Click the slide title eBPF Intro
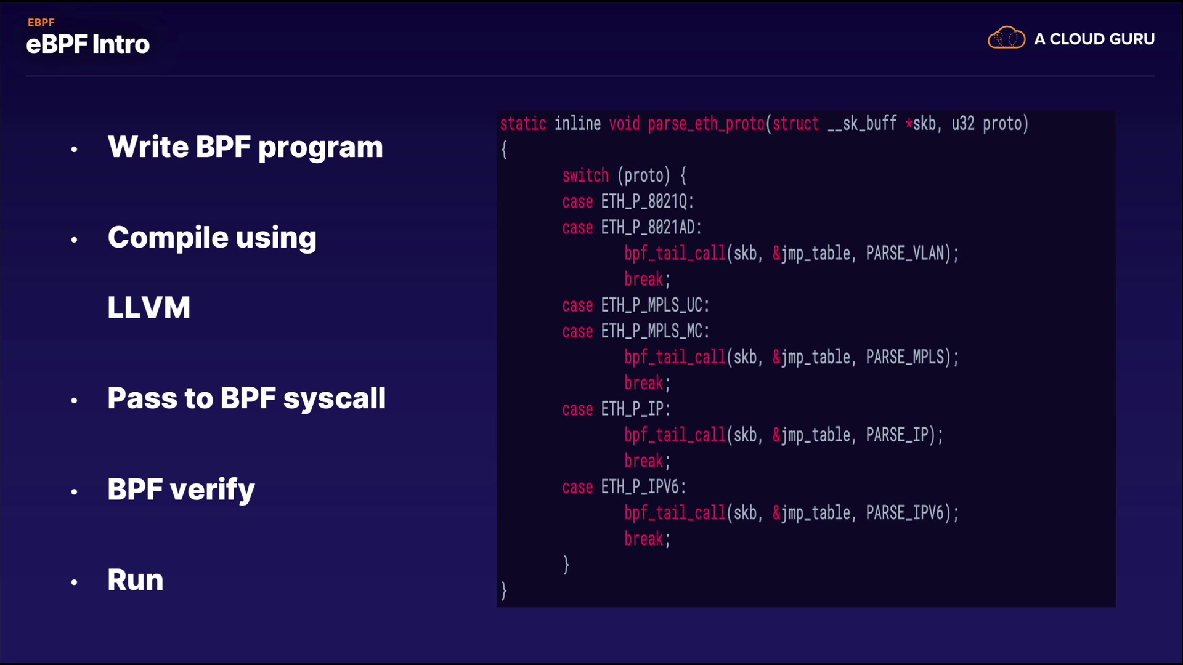[x=88, y=44]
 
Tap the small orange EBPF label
[x=41, y=22]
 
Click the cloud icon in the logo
[x=1006, y=38]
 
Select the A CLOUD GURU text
[x=1094, y=39]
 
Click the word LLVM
[x=149, y=307]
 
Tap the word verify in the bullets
[x=212, y=490]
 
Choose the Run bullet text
[x=136, y=580]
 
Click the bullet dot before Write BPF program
[x=74, y=149]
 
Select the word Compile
[x=168, y=238]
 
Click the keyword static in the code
[x=523, y=124]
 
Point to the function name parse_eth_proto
[x=706, y=124]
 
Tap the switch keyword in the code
[x=585, y=175]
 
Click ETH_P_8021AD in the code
[x=648, y=228]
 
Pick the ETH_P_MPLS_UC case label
[x=652, y=305]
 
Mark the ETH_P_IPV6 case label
[x=640, y=487]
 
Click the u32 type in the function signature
[x=963, y=124]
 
